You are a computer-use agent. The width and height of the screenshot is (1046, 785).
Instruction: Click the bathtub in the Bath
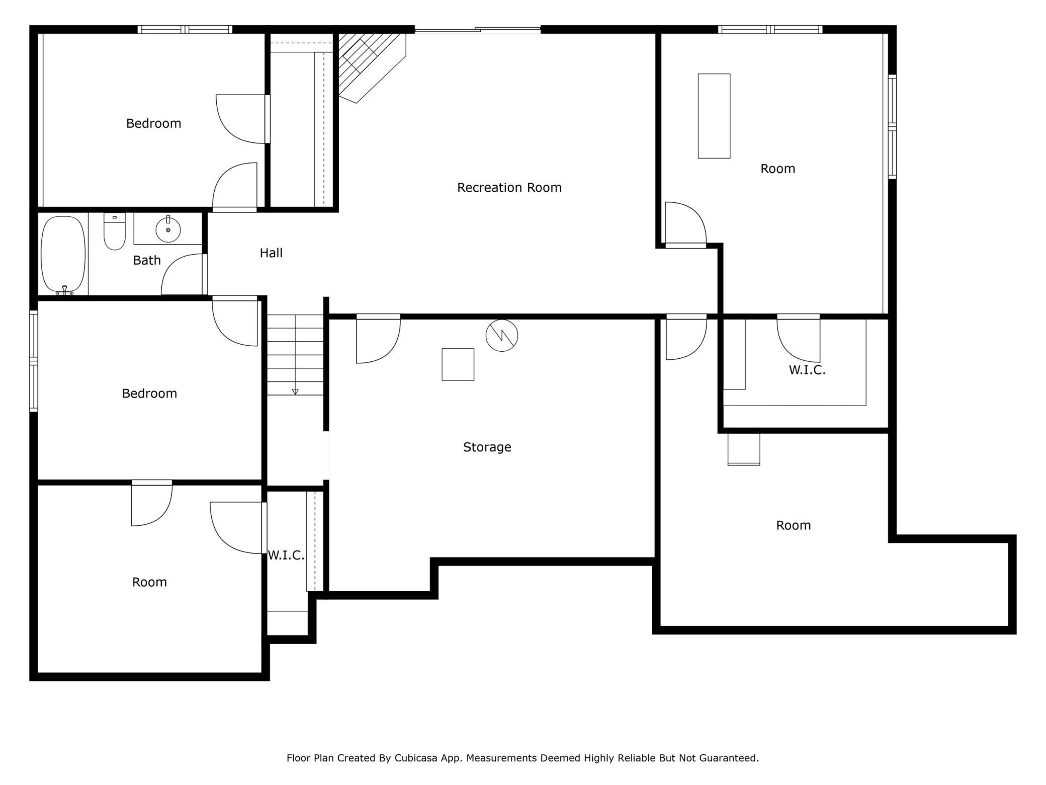coord(63,255)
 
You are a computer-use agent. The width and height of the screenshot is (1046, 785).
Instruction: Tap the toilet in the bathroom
coord(114,232)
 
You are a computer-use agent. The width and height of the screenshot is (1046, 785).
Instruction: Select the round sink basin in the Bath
coord(168,230)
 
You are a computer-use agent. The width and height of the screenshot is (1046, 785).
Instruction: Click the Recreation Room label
coord(509,188)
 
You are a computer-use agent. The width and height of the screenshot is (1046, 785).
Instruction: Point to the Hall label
coord(271,253)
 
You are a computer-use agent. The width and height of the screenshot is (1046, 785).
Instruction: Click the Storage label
coord(487,447)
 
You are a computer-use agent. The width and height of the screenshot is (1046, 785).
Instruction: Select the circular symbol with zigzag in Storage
coord(501,336)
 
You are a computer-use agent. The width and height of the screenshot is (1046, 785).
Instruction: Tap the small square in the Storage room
coord(458,364)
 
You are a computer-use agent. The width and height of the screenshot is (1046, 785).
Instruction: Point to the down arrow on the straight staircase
coord(295,391)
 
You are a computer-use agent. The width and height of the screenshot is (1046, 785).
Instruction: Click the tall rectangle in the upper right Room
coord(714,116)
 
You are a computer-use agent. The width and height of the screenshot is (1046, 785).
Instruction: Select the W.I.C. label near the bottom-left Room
coord(286,556)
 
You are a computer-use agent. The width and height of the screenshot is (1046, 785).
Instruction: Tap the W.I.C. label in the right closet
coord(807,370)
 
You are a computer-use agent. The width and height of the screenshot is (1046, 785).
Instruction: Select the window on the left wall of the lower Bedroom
coord(34,361)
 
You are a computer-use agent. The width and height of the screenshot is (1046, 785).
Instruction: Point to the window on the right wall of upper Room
coord(892,127)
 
